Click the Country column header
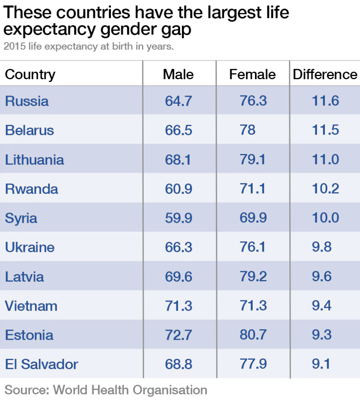(x=30, y=74)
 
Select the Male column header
(x=178, y=74)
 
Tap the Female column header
(x=252, y=74)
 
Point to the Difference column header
(x=325, y=74)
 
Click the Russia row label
(x=27, y=101)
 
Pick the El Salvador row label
(x=41, y=364)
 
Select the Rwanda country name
(x=32, y=189)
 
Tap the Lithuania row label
(x=34, y=160)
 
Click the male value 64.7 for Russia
(x=178, y=101)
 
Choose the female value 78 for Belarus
(x=248, y=130)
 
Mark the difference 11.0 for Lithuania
(x=325, y=160)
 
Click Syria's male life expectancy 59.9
(x=178, y=218)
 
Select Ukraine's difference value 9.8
(x=322, y=247)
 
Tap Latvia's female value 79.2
(x=253, y=277)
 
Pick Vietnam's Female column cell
(x=253, y=306)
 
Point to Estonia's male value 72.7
(x=178, y=335)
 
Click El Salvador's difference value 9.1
(x=321, y=364)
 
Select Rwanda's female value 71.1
(x=253, y=189)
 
